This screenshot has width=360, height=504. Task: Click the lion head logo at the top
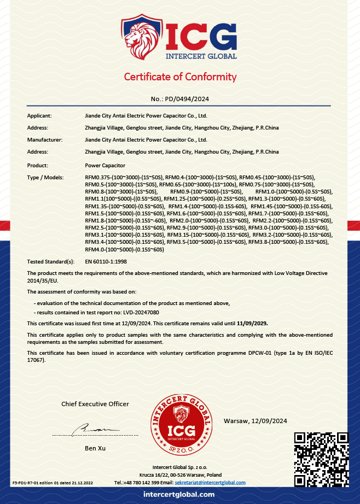141,39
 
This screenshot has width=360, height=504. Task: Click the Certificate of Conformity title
180,77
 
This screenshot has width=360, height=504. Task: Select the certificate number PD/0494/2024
180,99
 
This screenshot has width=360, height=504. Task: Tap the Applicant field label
39,116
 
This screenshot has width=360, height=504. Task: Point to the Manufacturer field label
45,140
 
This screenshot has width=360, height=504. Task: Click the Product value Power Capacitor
106,165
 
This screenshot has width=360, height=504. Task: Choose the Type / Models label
45,177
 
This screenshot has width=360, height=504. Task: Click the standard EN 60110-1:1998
106,262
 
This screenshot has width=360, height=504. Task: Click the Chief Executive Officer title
95,404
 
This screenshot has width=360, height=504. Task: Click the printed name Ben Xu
95,448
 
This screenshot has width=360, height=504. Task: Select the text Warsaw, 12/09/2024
256,420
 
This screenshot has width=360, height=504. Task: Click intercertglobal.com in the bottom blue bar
179,494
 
